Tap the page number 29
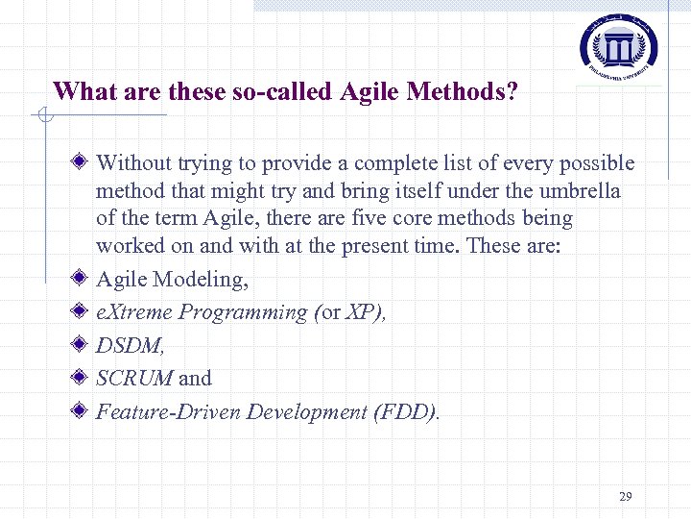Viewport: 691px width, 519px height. coord(626,497)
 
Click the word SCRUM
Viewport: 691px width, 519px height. coord(134,379)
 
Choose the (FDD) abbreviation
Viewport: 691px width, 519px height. coord(407,412)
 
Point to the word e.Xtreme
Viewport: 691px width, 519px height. coord(134,312)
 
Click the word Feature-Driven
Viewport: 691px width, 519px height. coord(169,412)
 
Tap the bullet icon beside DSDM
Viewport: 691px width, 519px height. coord(83,345)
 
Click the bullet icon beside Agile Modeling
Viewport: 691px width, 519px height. coord(83,279)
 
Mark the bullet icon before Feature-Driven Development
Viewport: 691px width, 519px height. coord(83,411)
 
